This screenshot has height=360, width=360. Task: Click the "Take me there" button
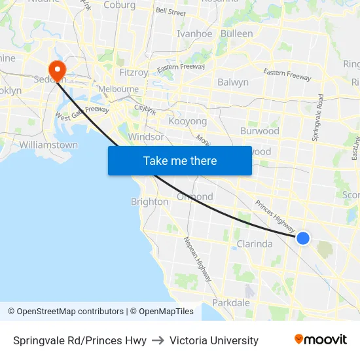click(x=180, y=160)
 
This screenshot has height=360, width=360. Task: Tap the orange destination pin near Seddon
click(x=57, y=69)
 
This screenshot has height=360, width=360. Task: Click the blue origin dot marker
click(x=303, y=238)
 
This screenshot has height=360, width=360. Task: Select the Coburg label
click(x=119, y=5)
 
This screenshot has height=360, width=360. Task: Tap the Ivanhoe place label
click(x=194, y=33)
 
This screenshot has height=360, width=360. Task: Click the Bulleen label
click(x=237, y=33)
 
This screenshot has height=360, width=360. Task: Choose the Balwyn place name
click(x=233, y=82)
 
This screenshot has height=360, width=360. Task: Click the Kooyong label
click(x=188, y=121)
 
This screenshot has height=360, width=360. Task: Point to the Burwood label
click(x=260, y=131)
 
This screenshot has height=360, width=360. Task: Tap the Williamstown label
click(x=48, y=145)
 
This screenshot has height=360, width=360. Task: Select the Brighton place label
click(x=150, y=202)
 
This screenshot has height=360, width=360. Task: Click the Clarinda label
click(x=254, y=244)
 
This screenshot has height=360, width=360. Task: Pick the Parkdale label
click(x=231, y=302)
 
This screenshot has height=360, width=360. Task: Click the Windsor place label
click(x=147, y=137)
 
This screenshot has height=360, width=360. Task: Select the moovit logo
click(x=321, y=340)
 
